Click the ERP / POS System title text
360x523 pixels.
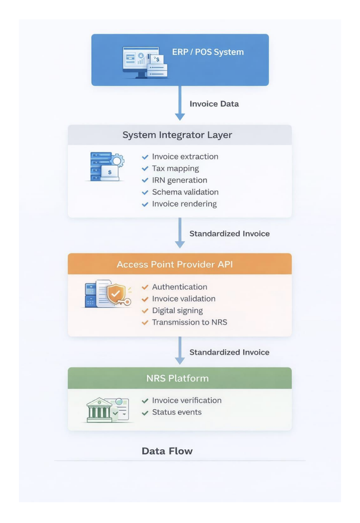[208, 52]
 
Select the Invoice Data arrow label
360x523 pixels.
[214, 104]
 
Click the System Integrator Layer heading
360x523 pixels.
[177, 135]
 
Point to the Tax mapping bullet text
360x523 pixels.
[175, 169]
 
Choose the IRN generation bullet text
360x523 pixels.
[180, 180]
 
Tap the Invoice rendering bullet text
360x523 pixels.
[184, 204]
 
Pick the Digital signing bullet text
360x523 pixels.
[177, 311]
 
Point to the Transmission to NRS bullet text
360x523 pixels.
[189, 322]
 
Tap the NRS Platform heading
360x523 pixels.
[177, 379]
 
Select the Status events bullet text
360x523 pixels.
[177, 412]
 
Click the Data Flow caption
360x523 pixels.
[167, 451]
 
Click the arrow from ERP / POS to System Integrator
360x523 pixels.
[180, 104]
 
